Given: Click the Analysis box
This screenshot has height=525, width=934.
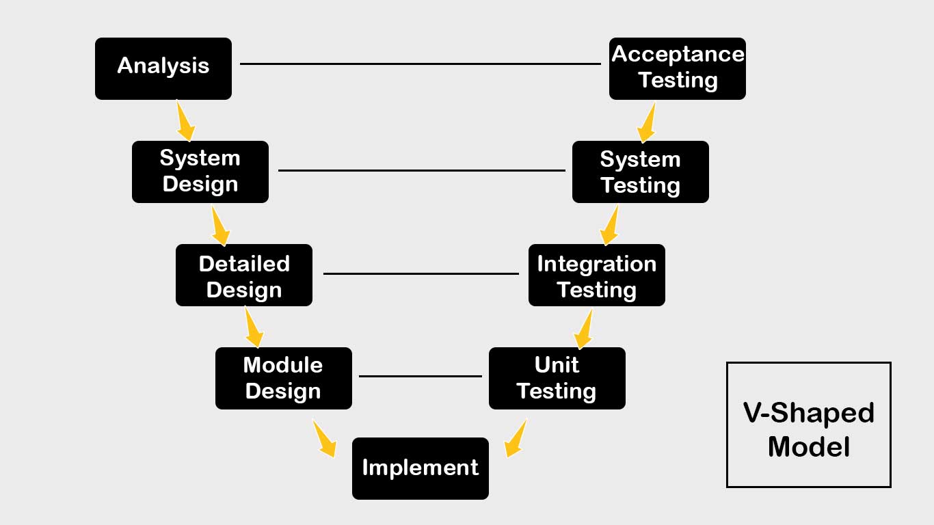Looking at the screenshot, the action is [x=163, y=69].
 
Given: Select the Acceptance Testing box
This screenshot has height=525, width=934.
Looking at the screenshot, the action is [x=678, y=69].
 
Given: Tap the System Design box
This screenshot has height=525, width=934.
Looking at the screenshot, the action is [x=200, y=172].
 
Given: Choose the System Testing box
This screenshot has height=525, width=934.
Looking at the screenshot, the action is [x=641, y=172].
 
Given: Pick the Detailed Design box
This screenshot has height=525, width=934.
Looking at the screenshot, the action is [x=244, y=275].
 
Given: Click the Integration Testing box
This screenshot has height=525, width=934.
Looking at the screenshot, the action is [x=597, y=275].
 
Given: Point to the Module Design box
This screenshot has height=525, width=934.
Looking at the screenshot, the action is [x=284, y=378].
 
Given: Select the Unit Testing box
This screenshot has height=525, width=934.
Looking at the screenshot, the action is [x=557, y=378].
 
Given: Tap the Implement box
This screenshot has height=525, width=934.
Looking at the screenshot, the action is [x=421, y=468].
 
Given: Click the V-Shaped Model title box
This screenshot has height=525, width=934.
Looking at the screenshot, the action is [x=808, y=425].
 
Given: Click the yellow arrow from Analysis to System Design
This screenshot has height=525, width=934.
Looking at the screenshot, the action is [x=185, y=121].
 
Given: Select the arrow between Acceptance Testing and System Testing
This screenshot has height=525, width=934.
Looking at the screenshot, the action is [x=647, y=122].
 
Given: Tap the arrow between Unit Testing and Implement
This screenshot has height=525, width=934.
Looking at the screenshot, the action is [x=515, y=439].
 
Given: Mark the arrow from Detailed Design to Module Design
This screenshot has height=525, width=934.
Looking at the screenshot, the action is [x=254, y=327].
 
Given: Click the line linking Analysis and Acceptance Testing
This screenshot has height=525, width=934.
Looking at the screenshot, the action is [x=421, y=64].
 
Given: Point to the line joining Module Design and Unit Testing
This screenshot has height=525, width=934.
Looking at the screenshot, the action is [x=421, y=376].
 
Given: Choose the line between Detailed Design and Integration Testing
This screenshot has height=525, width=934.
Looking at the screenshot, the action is [x=421, y=273].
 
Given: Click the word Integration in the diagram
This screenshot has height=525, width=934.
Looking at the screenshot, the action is [x=597, y=265].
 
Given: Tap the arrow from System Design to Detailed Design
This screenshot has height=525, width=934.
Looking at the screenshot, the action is [x=219, y=226].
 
